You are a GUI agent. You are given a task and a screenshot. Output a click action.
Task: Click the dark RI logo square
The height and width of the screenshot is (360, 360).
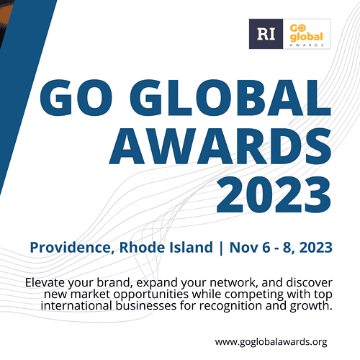pyautogui.click(x=266, y=34)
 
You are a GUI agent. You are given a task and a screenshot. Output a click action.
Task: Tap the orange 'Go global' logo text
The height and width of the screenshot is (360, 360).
pyautogui.click(x=306, y=32)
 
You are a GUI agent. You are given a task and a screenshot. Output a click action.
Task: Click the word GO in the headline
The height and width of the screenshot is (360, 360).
pyautogui.click(x=76, y=98)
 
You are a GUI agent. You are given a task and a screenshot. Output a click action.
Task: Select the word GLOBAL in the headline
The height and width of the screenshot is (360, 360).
pyautogui.click(x=230, y=98)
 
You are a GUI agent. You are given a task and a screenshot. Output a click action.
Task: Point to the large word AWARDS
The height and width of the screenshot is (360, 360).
pyautogui.click(x=220, y=145)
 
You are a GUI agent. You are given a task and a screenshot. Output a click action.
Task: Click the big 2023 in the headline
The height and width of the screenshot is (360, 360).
pyautogui.click(x=274, y=194)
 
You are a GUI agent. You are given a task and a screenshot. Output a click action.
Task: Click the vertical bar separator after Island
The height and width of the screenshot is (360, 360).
pyautogui.click(x=221, y=248)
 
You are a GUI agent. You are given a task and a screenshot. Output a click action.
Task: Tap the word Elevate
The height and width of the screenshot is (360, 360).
pyautogui.click(x=45, y=282)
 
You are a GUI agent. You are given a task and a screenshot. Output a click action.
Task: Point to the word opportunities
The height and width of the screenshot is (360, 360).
pyautogui.click(x=151, y=294)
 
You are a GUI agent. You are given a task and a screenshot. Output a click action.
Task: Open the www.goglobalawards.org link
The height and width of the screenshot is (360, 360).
pyautogui.click(x=271, y=342)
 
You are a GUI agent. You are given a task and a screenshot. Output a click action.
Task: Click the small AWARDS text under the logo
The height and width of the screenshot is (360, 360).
pyautogui.click(x=307, y=45)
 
